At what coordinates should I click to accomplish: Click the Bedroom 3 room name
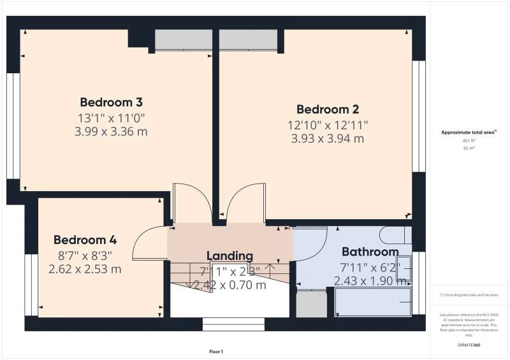click(x=111, y=102)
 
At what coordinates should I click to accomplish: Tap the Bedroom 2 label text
click(x=328, y=108)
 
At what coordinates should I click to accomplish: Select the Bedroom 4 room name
click(x=85, y=240)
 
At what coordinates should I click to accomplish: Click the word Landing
click(x=229, y=256)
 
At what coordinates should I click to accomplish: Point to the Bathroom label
click(x=370, y=252)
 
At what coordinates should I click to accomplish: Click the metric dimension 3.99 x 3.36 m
click(x=111, y=131)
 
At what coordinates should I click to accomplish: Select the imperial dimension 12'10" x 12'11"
click(x=328, y=124)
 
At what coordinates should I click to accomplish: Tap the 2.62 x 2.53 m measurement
click(x=85, y=269)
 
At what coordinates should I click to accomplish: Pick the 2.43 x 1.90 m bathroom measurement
click(x=370, y=280)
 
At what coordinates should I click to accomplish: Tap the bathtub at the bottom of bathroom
click(x=373, y=302)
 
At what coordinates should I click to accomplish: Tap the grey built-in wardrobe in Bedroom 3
click(x=184, y=40)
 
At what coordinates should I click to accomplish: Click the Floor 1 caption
click(x=216, y=352)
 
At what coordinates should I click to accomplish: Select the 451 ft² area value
click(x=469, y=141)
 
